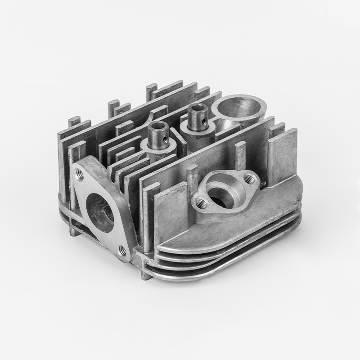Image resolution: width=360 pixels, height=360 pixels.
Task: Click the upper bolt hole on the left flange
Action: (x=80, y=175)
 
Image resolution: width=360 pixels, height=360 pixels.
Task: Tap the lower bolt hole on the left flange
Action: (x=121, y=250)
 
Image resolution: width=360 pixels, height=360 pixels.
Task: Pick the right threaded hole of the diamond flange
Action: (x=249, y=180)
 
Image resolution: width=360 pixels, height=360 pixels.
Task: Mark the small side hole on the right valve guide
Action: (x=205, y=122)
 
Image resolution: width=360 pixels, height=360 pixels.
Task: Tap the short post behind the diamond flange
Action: (x=240, y=155)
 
